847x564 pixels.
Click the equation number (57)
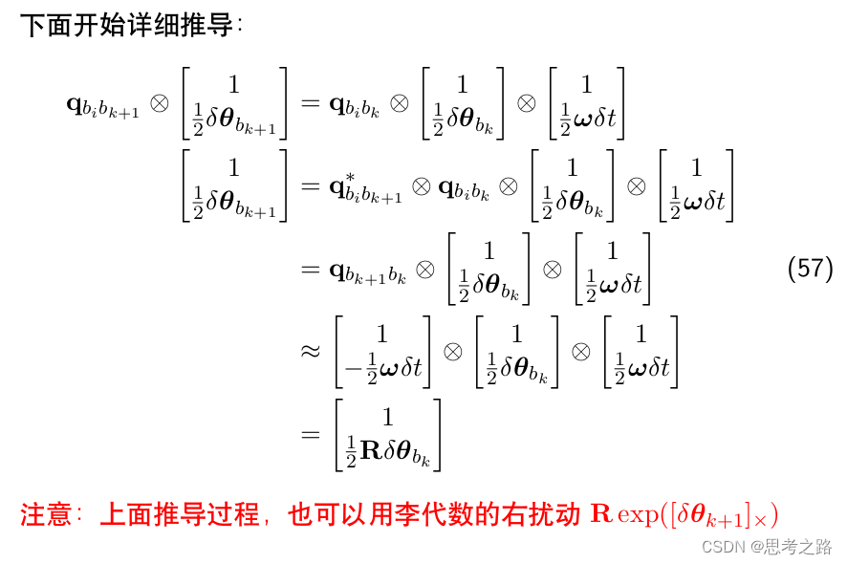[811, 269]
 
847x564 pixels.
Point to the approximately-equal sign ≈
[310, 351]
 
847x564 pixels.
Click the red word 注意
[46, 515]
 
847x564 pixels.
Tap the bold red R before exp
[601, 515]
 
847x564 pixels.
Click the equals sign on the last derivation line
[310, 436]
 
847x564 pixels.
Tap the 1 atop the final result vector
[387, 418]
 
